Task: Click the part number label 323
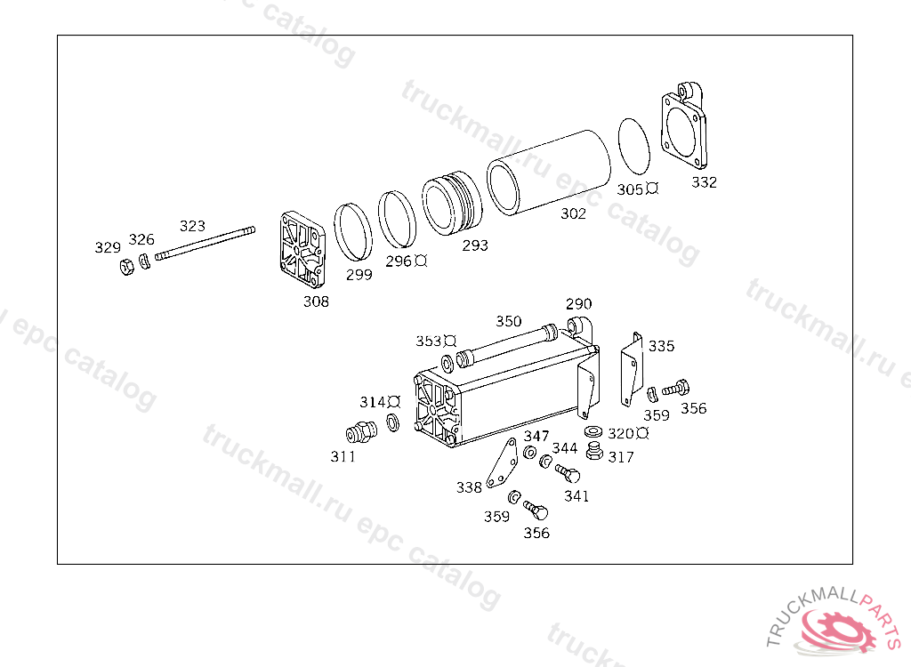pos(192,225)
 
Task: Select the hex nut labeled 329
pos(126,268)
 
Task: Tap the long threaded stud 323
pos(206,243)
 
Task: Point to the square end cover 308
pos(302,250)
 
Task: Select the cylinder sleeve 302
pos(548,172)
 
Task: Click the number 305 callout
pos(630,189)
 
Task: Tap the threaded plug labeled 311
pos(361,432)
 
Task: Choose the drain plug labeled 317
pos(593,451)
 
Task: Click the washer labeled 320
pos(593,431)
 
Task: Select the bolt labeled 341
pos(568,473)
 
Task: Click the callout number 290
pos(578,304)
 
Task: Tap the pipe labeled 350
pos(507,346)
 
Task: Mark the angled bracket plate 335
pos(632,369)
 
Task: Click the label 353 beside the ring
pos(428,341)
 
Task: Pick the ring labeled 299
pos(352,232)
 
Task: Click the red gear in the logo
pos(838,630)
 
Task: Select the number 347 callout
pos(536,436)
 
